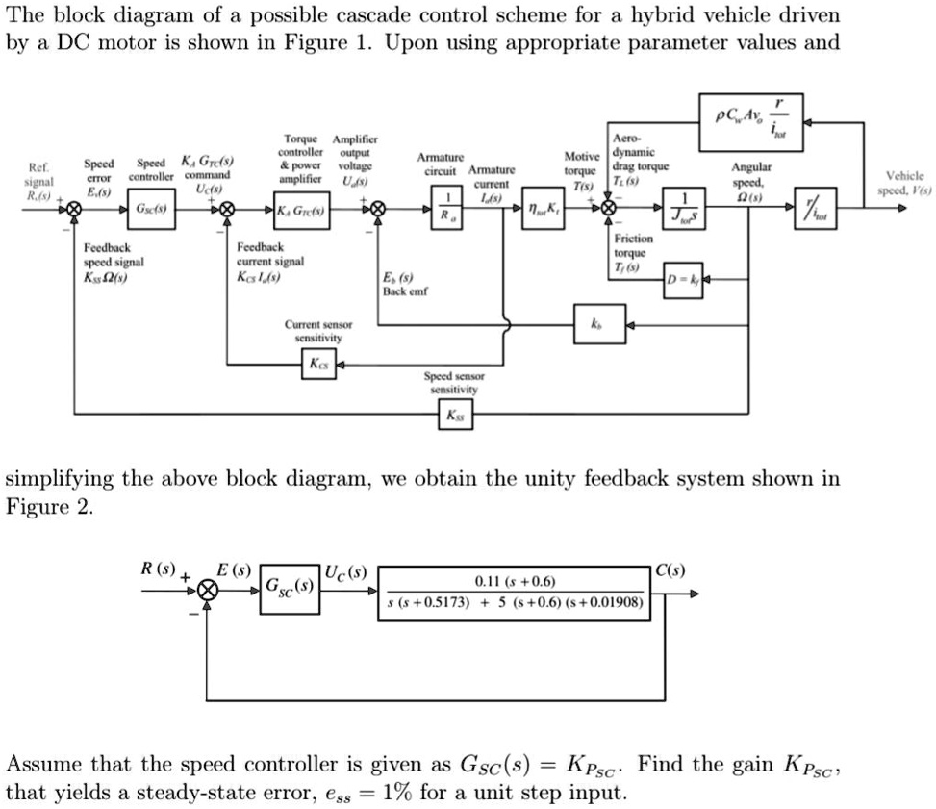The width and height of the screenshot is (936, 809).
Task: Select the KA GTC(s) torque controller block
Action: pyautogui.click(x=301, y=210)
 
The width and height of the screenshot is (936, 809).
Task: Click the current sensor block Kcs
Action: pyautogui.click(x=316, y=364)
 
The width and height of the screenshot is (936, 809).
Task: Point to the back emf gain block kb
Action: pyautogui.click(x=601, y=321)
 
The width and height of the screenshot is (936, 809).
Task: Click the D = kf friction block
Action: pyautogui.click(x=682, y=279)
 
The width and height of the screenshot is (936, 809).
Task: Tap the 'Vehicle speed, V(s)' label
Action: pyautogui.click(x=905, y=183)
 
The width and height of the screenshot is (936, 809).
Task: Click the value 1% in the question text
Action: pyautogui.click(x=397, y=793)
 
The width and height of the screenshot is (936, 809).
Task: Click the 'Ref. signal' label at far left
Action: pyautogui.click(x=39, y=181)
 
